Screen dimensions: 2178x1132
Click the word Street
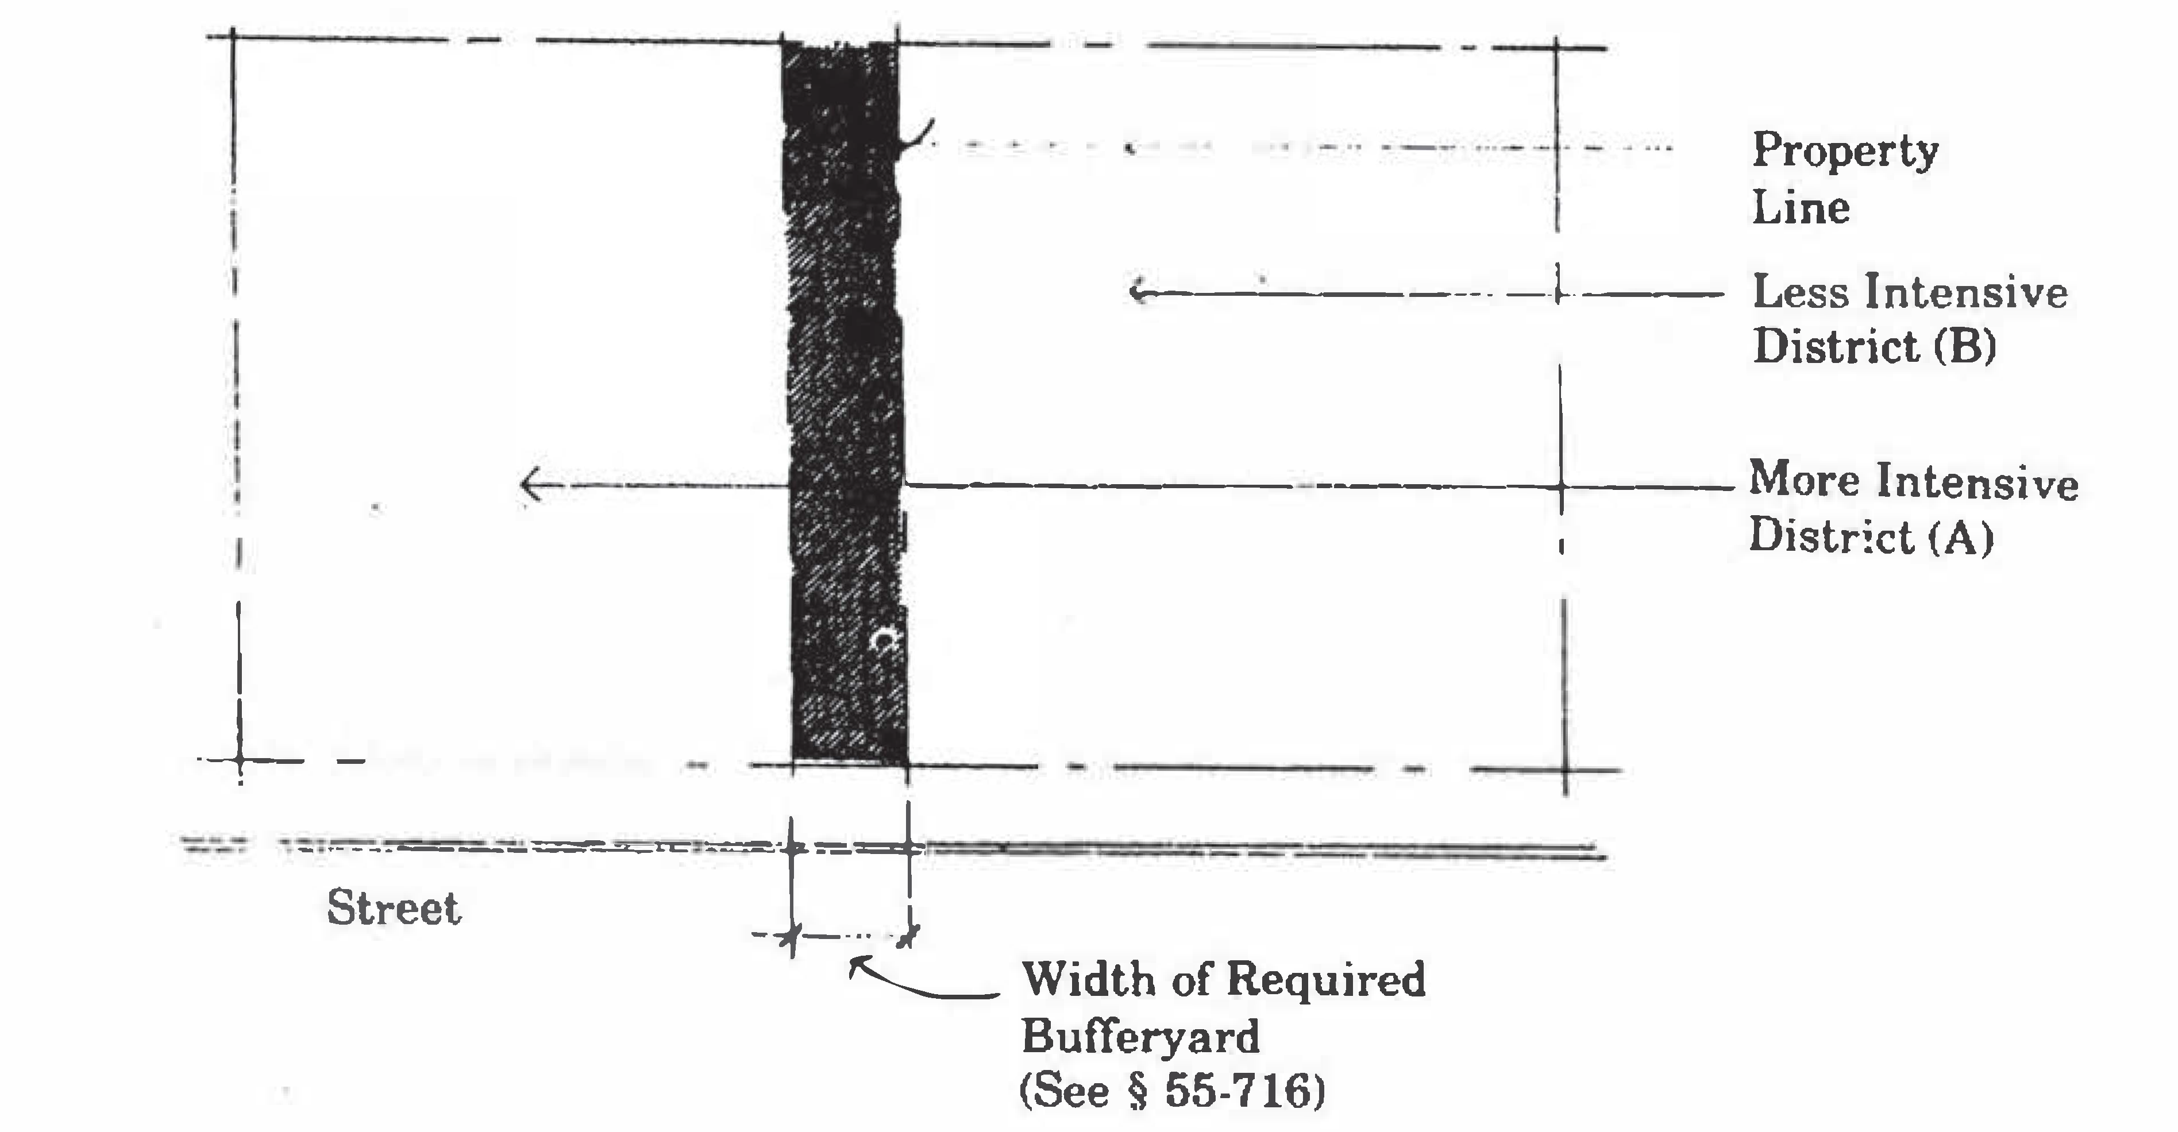tap(394, 909)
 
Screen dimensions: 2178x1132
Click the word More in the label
tap(1803, 480)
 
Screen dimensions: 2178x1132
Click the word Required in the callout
tap(1325, 979)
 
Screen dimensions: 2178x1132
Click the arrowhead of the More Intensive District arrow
tap(527, 485)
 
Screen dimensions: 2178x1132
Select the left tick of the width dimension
tap(791, 936)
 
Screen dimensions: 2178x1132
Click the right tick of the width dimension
tap(908, 935)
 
